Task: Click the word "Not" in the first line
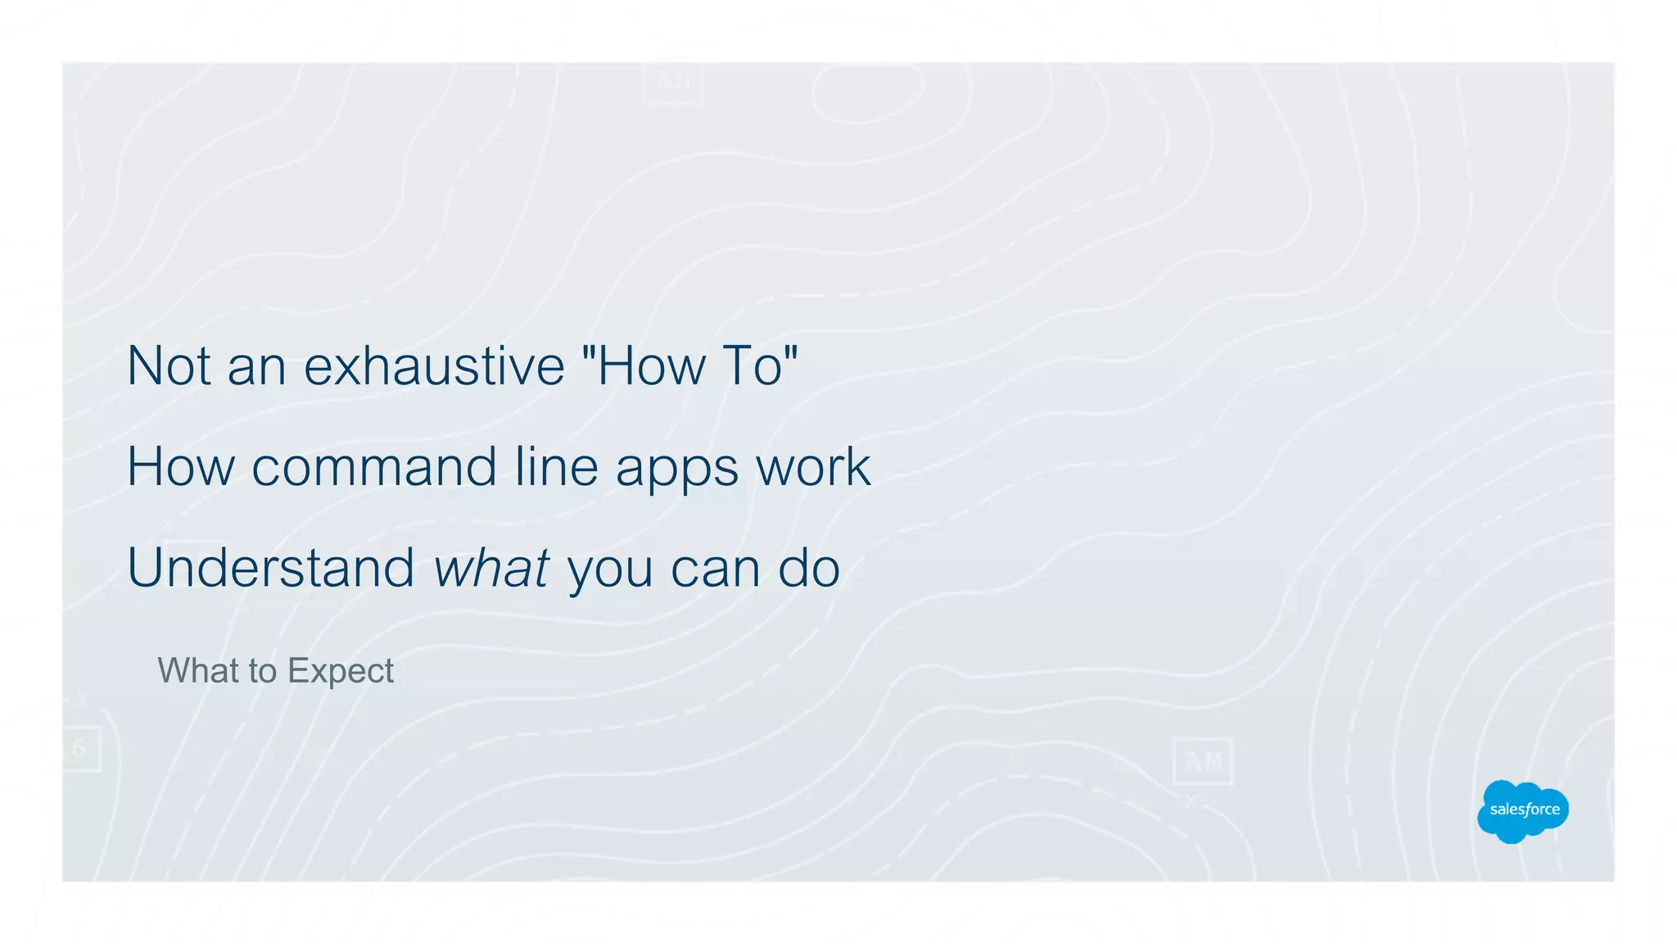[x=167, y=365]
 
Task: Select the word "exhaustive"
[x=434, y=365]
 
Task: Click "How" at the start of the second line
[x=180, y=467]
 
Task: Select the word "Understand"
[x=271, y=567]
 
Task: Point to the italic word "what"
[x=490, y=567]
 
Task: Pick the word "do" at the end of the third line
[x=809, y=567]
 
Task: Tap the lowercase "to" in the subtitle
[x=263, y=671]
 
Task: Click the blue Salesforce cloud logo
[x=1523, y=810]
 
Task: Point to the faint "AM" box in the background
[x=1202, y=762]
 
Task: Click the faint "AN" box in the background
[x=673, y=80]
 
